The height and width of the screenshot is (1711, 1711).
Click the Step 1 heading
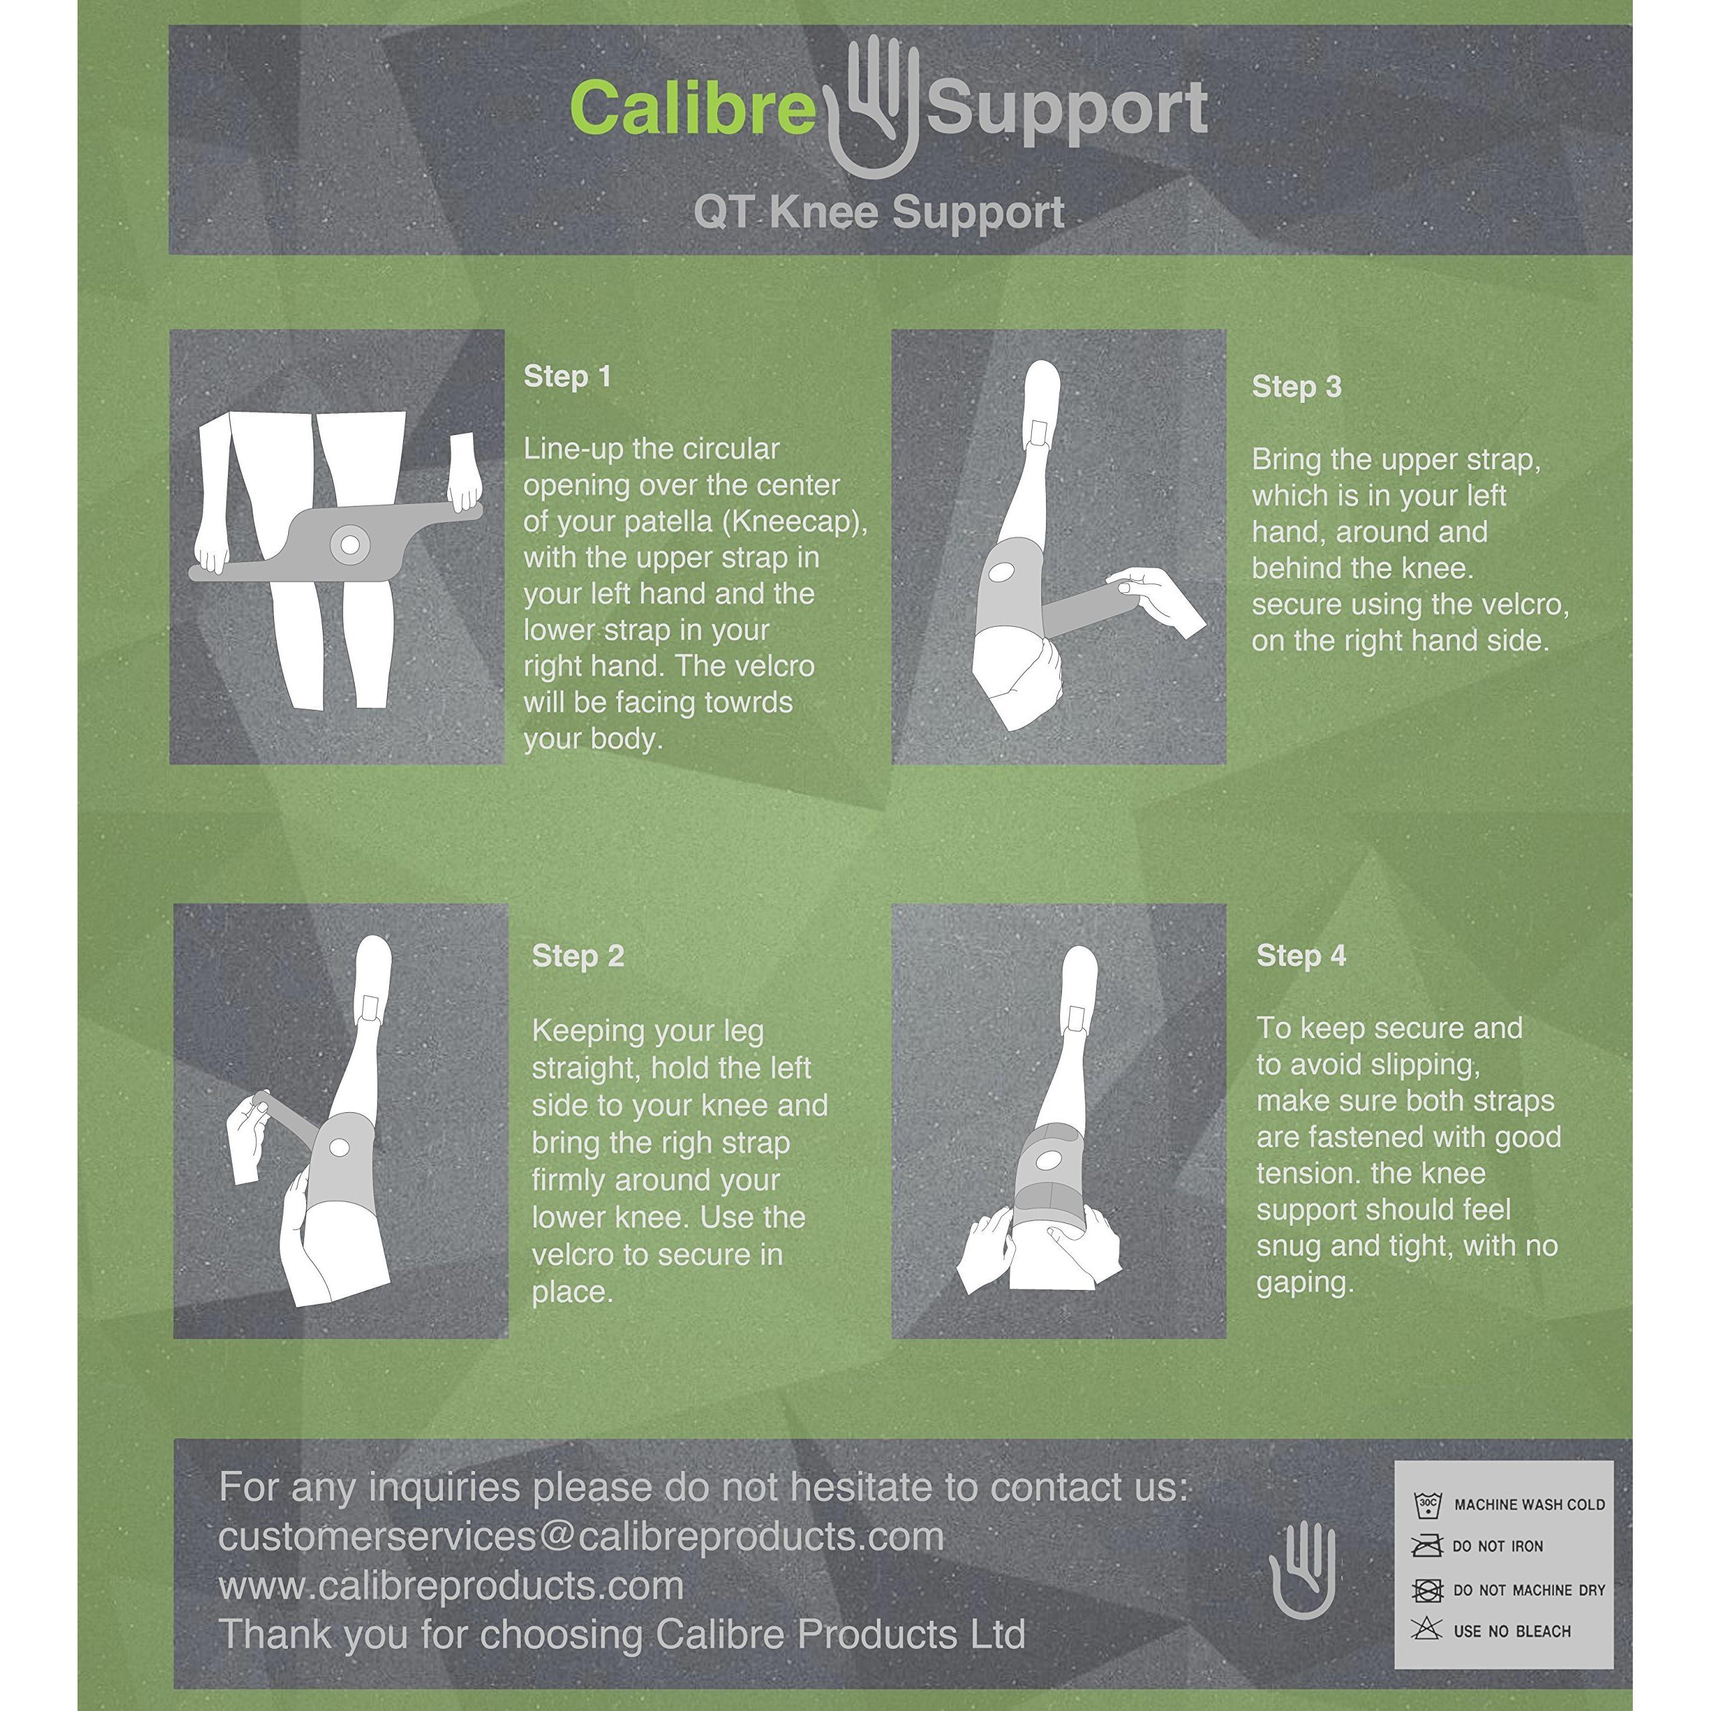coord(567,376)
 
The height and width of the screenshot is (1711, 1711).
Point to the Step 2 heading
coord(577,956)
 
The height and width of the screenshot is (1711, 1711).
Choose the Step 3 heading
coord(1297,387)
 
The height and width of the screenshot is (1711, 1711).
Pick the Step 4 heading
coord(1301,956)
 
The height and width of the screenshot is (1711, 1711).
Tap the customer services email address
coord(581,1537)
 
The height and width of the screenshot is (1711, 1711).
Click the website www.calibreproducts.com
coord(450,1586)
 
